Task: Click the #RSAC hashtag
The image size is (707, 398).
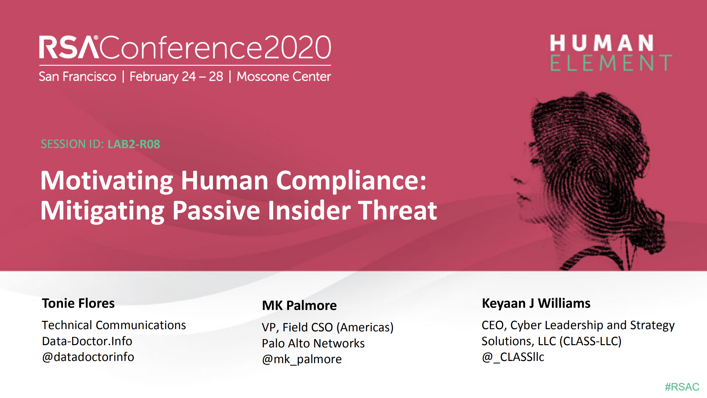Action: (682, 387)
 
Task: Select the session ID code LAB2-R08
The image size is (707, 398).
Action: (134, 144)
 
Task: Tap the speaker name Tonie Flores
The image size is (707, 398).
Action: (78, 303)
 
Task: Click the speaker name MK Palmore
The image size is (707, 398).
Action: (299, 306)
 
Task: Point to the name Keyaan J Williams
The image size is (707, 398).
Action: (536, 303)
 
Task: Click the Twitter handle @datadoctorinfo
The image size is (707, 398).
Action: (88, 357)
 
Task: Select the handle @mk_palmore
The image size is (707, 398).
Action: (302, 359)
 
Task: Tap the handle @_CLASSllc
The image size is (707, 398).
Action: (513, 357)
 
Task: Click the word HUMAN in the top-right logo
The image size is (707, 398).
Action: (601, 43)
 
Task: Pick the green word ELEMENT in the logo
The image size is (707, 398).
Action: (611, 63)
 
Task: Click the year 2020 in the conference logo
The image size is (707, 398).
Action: (297, 48)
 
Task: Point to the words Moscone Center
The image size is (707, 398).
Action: (284, 77)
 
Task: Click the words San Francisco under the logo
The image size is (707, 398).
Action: (78, 77)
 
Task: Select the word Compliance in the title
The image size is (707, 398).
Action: (351, 181)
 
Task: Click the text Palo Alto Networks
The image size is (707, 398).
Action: (313, 344)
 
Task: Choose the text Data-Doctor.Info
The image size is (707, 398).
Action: (87, 341)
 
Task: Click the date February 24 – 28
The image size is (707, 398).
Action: (176, 77)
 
